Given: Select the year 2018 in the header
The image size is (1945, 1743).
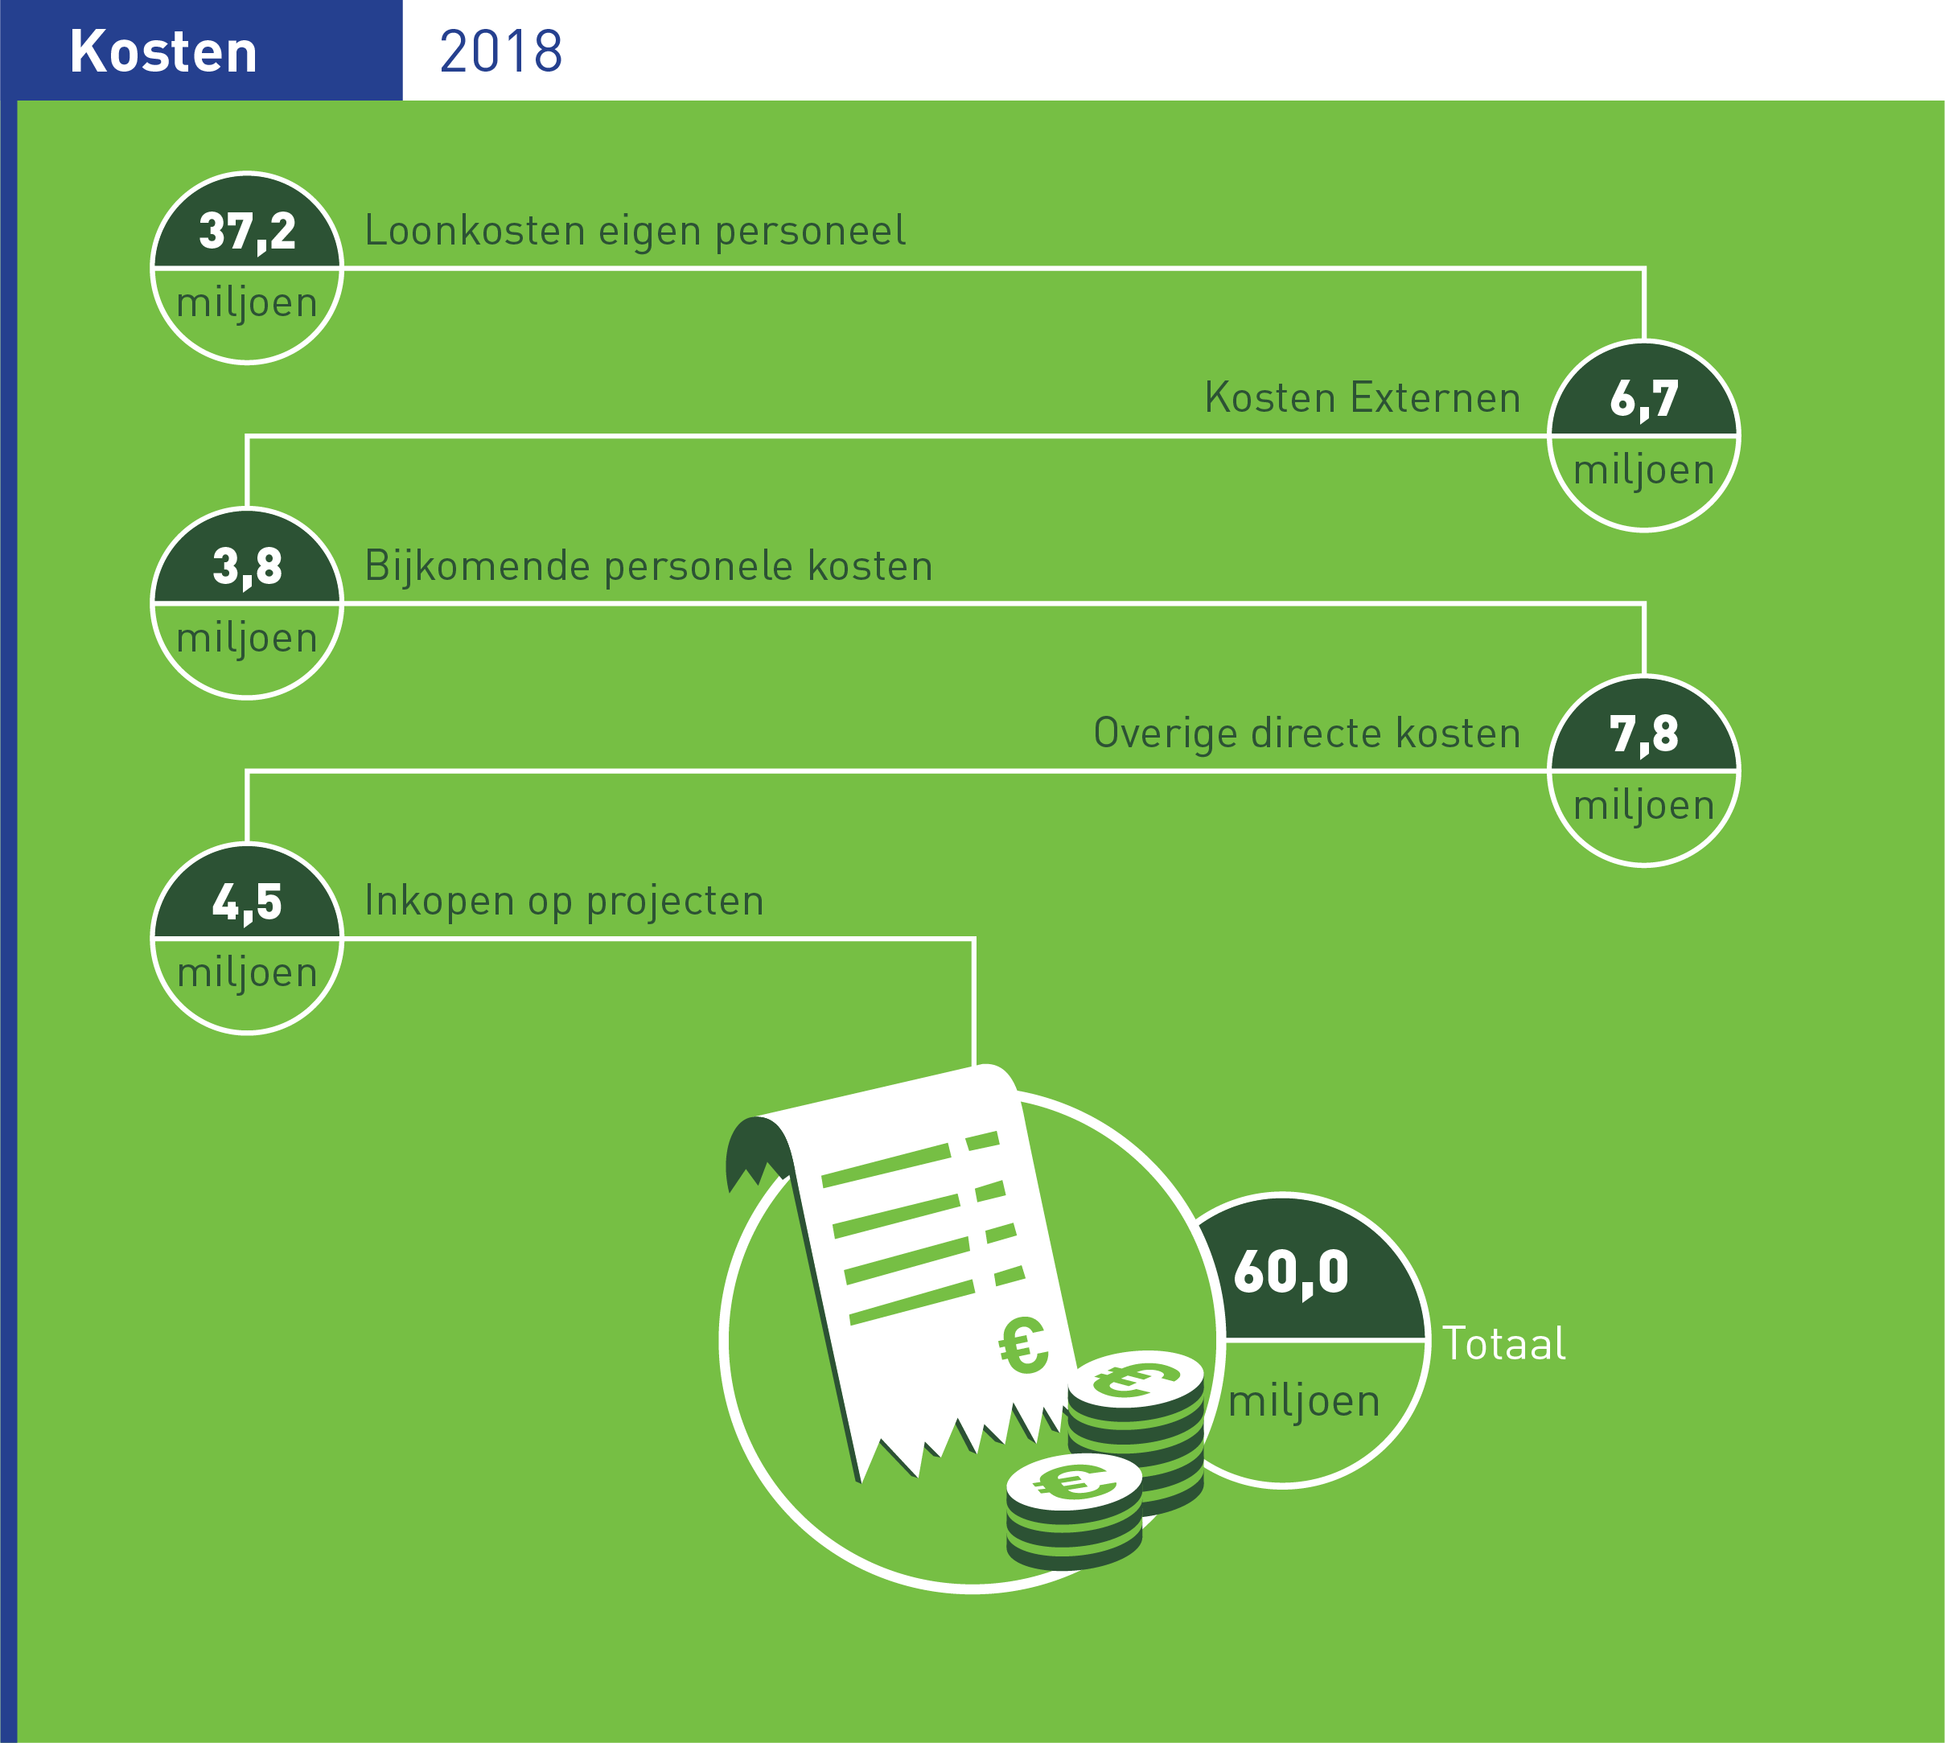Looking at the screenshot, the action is pyautogui.click(x=501, y=51).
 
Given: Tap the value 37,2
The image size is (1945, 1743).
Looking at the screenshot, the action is pyautogui.click(x=247, y=232).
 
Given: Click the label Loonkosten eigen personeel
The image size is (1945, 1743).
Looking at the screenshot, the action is pyautogui.click(x=635, y=231).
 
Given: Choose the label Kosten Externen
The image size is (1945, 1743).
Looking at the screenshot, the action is pyautogui.click(x=1363, y=397).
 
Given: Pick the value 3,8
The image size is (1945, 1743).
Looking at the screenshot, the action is pyautogui.click(x=247, y=567).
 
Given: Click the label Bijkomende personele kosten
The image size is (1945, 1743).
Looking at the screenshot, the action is pyautogui.click(x=648, y=566).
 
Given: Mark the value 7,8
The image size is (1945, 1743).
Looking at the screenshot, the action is pyautogui.click(x=1644, y=734).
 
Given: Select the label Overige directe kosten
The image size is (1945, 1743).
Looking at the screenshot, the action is pyautogui.click(x=1307, y=734).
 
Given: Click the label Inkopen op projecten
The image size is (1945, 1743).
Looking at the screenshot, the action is pyautogui.click(x=564, y=901).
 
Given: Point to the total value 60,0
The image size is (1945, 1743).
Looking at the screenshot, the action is pyautogui.click(x=1291, y=1272).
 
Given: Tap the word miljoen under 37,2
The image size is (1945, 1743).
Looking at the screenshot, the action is pyautogui.click(x=247, y=302).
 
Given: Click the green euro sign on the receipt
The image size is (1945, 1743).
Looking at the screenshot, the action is pyautogui.click(x=1023, y=1345).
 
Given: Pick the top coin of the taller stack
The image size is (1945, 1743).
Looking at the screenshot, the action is pyautogui.click(x=1136, y=1380).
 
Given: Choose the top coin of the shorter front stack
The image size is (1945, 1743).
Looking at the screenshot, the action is pyautogui.click(x=1075, y=1483).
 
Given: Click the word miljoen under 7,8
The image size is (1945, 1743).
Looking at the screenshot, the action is pyautogui.click(x=1644, y=805).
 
